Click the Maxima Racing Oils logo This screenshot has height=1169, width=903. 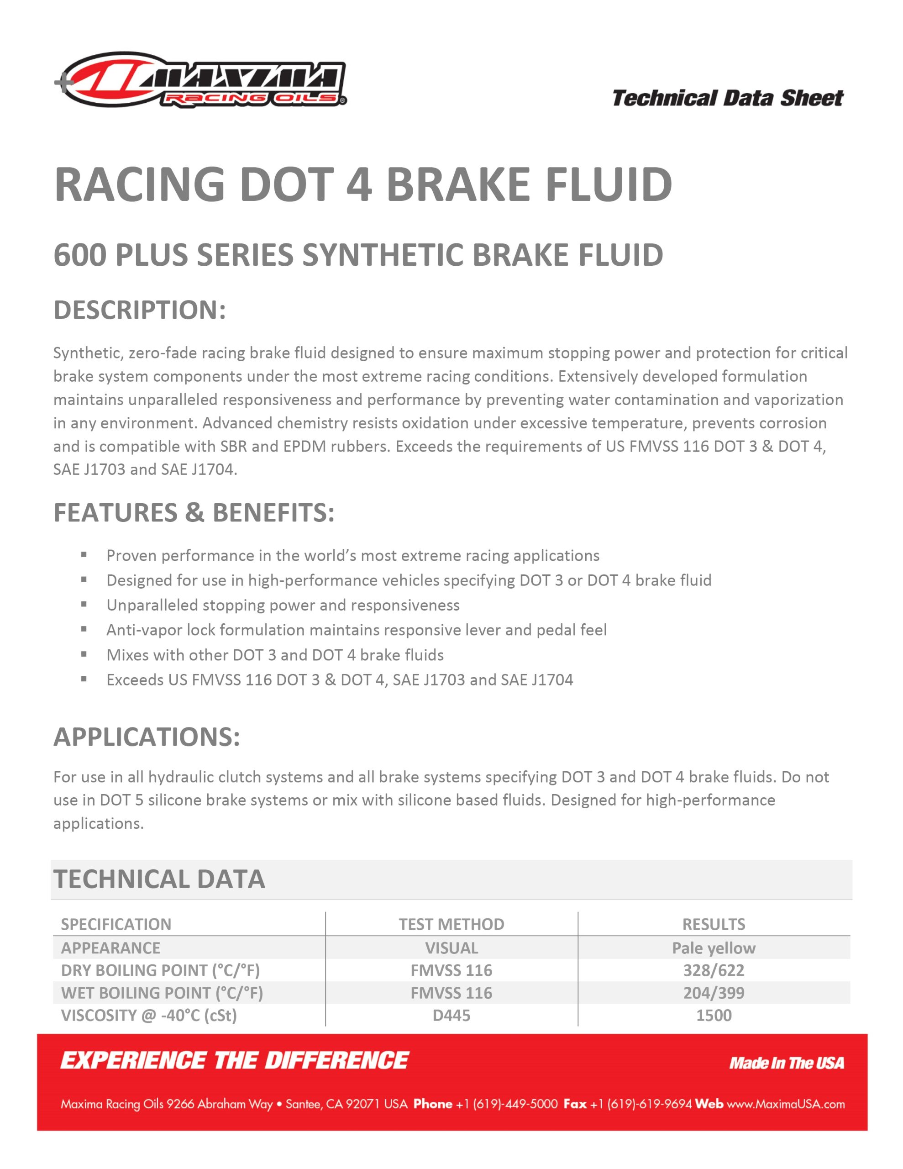(x=201, y=80)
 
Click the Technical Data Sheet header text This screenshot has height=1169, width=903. (x=727, y=99)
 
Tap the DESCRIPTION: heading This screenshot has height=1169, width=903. (x=140, y=310)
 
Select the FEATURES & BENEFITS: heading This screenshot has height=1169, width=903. (x=194, y=512)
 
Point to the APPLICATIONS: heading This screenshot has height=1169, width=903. (x=147, y=737)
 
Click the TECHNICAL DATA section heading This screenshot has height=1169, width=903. (x=159, y=879)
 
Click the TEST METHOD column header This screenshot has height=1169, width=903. (x=451, y=924)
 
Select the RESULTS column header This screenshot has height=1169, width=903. (x=714, y=924)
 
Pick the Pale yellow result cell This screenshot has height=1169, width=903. (x=714, y=948)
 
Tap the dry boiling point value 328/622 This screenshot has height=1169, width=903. (x=714, y=970)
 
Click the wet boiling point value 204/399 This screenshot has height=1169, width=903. (x=714, y=993)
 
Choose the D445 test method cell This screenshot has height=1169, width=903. (x=451, y=1016)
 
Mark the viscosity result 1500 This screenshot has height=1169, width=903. (x=714, y=1016)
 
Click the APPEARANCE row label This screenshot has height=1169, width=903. (x=110, y=948)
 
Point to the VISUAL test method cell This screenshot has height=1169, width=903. (x=451, y=948)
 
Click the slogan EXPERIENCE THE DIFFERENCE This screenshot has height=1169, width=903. (x=235, y=1060)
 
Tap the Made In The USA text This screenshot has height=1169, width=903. (x=786, y=1063)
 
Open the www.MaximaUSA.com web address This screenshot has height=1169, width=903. (x=785, y=1104)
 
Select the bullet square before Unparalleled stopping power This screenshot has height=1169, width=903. (x=84, y=604)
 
